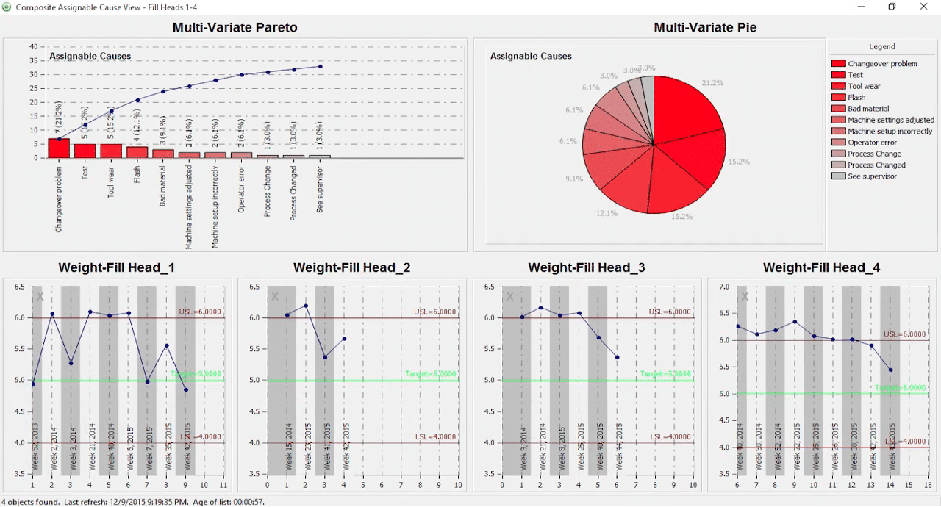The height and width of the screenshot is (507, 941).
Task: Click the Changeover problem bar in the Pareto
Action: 59,148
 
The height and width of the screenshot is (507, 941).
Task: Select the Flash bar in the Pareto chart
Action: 137,152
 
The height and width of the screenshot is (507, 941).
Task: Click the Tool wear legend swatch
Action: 837,86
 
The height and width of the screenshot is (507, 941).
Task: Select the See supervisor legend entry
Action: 872,176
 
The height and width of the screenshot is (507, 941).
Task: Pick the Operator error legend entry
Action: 872,143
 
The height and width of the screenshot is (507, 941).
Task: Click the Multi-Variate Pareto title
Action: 235,28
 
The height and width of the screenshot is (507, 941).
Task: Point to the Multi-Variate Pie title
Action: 705,28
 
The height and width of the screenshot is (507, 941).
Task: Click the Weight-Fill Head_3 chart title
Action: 586,268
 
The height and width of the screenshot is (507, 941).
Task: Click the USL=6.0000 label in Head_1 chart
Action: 200,312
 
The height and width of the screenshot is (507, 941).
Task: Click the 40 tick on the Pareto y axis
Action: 34,46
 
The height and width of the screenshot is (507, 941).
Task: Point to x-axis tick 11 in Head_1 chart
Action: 223,485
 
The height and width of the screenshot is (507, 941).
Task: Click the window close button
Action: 924,7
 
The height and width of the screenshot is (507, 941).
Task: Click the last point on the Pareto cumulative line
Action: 321,66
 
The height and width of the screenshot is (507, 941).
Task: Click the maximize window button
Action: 892,7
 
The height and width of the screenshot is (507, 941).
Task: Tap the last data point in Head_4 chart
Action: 891,370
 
